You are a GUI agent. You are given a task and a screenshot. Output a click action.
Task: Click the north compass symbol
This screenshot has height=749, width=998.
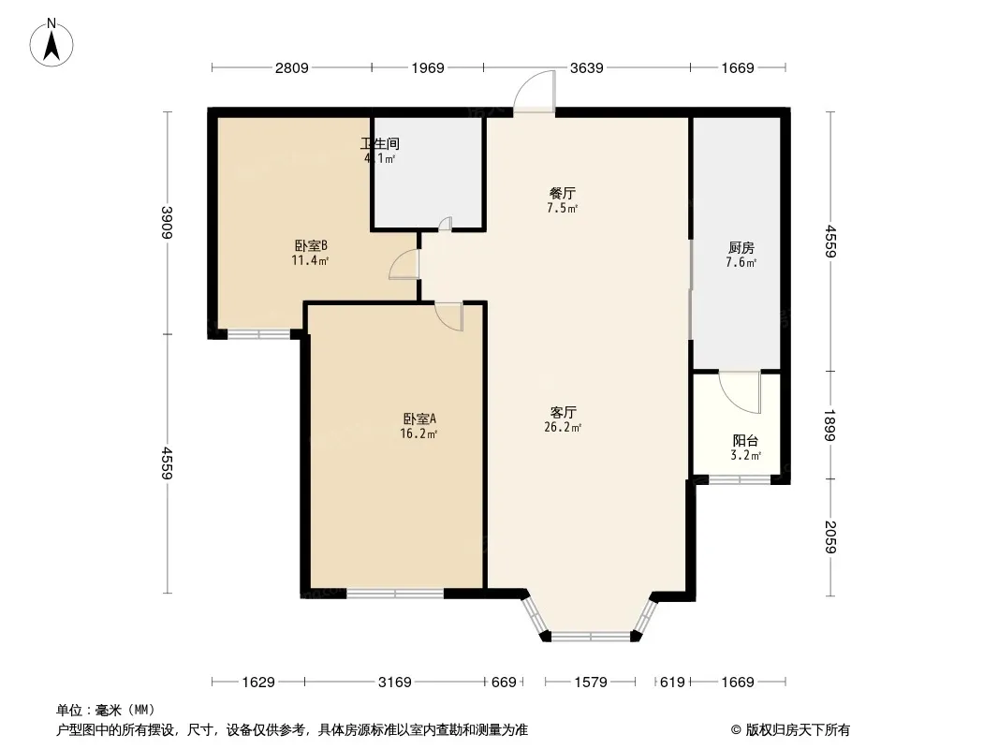point(52,42)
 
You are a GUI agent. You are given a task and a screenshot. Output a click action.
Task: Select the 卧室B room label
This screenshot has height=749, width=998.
point(309,246)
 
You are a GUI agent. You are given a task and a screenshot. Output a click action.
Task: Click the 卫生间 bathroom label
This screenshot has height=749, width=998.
point(381,144)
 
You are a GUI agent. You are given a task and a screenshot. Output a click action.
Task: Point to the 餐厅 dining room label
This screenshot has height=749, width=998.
point(562,194)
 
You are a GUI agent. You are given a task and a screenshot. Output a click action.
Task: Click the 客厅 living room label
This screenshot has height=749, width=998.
point(563,412)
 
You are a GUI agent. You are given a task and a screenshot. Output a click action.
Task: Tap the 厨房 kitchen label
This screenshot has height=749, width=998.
point(741,248)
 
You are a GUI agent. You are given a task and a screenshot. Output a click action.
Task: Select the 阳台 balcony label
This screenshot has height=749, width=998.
point(746,441)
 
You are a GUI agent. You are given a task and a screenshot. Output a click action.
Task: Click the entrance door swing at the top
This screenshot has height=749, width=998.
point(534,94)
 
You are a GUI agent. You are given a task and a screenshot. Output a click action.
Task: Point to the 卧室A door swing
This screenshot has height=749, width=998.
point(448,316)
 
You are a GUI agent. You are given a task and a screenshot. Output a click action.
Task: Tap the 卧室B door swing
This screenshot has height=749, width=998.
point(404,265)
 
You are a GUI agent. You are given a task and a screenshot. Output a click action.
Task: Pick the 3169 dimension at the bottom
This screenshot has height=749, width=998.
point(395,683)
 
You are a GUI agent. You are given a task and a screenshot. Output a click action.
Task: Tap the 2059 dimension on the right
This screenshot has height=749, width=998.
point(830,536)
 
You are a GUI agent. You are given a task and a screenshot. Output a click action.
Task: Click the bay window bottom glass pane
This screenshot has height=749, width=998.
point(591,637)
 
